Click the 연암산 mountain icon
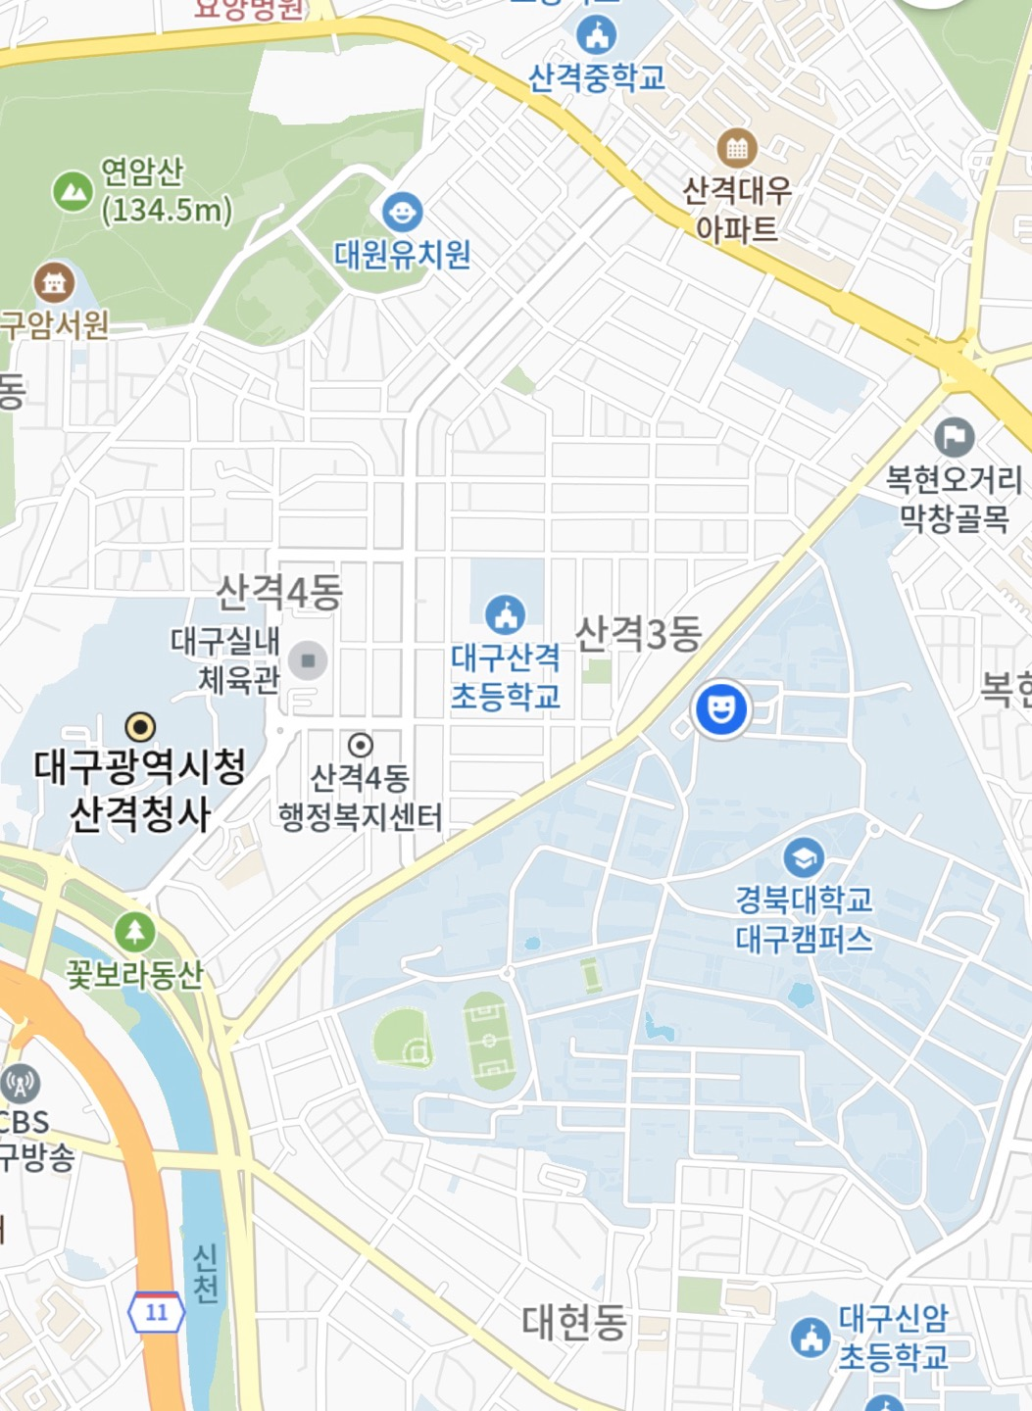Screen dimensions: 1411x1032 click(x=72, y=191)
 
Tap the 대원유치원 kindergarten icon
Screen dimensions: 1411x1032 click(x=402, y=212)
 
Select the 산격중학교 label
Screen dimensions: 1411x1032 click(x=596, y=77)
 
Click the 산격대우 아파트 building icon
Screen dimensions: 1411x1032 click(x=736, y=149)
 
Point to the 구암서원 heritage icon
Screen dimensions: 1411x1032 click(x=54, y=282)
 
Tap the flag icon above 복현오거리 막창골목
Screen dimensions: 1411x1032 click(x=954, y=436)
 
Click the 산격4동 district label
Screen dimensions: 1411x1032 click(x=279, y=592)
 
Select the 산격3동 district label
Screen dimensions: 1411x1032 click(x=638, y=634)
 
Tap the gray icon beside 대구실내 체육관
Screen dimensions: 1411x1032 click(x=308, y=660)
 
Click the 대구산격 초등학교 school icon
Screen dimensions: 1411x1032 click(x=505, y=615)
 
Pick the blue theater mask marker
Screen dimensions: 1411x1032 click(x=721, y=708)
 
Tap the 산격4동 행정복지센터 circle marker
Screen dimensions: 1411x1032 click(x=361, y=745)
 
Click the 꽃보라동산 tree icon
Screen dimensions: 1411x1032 click(x=134, y=932)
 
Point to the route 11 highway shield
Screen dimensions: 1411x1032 click(x=157, y=1312)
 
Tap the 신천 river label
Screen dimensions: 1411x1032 click(x=205, y=1273)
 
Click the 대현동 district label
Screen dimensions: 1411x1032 click(x=573, y=1322)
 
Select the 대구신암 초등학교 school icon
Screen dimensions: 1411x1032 click(x=811, y=1337)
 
